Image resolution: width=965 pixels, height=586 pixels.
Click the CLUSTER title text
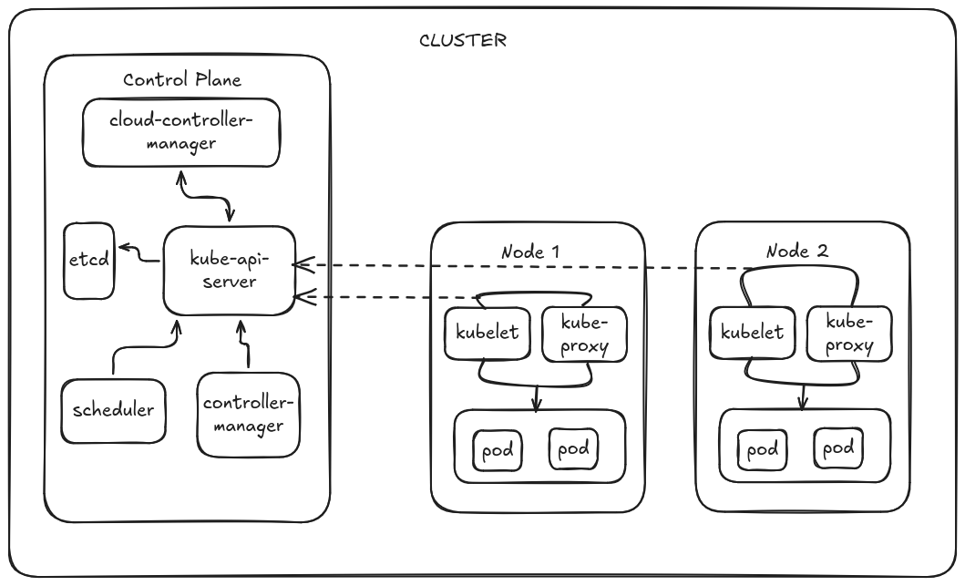462,41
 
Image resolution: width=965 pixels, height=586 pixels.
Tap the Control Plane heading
182,79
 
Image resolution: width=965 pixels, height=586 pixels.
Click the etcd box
88,259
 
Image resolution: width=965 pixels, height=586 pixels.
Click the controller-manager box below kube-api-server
248,414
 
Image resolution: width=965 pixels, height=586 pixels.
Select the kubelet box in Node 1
487,332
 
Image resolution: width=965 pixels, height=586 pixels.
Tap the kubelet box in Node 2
752,333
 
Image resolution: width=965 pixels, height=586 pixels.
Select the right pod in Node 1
572,448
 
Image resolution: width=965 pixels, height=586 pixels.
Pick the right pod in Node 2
837,448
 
